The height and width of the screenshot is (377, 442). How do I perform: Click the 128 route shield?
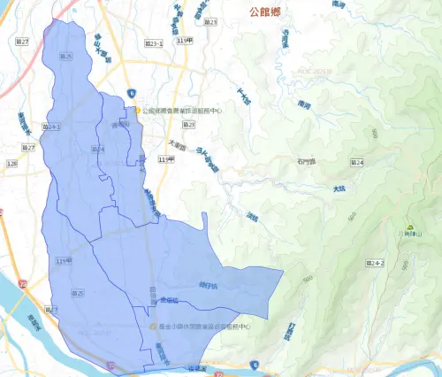(12, 164)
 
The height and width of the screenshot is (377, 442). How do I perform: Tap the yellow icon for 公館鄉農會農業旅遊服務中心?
(138, 111)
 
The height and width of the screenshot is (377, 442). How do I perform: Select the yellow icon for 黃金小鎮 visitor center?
(152, 326)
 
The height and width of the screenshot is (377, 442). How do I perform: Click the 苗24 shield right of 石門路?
(357, 163)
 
